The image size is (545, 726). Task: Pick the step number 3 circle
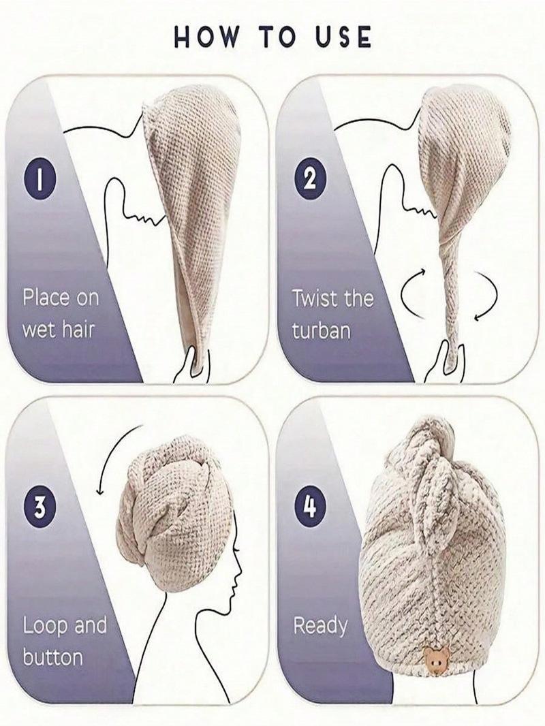click(40, 506)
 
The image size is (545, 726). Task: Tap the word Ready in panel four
click(320, 625)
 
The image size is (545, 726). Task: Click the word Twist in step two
click(315, 298)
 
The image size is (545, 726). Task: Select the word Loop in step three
click(46, 625)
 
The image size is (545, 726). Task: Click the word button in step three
click(52, 657)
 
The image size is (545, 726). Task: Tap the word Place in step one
click(46, 298)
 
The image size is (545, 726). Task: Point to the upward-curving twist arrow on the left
click(412, 294)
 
